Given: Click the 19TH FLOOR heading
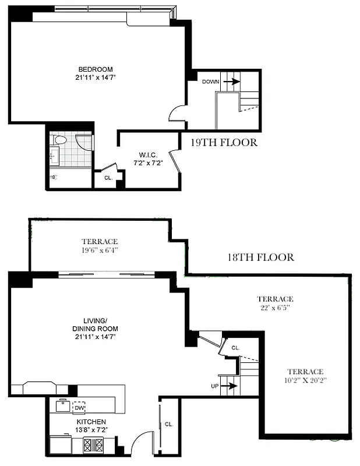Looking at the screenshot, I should click(224, 142).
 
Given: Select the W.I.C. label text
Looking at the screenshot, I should click(146, 155).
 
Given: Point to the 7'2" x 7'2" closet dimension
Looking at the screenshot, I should click(146, 163).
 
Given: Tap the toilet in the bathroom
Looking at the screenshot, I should click(60, 140).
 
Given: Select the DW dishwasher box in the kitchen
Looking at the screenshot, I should click(79, 407).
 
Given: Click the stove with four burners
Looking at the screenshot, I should click(93, 445).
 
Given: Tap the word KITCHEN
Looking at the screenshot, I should click(90, 421).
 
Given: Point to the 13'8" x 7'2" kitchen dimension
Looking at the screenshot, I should click(90, 429).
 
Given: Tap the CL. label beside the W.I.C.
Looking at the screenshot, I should click(108, 178).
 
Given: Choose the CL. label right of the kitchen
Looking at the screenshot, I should click(169, 423).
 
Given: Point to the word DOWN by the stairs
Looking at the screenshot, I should click(210, 82).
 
